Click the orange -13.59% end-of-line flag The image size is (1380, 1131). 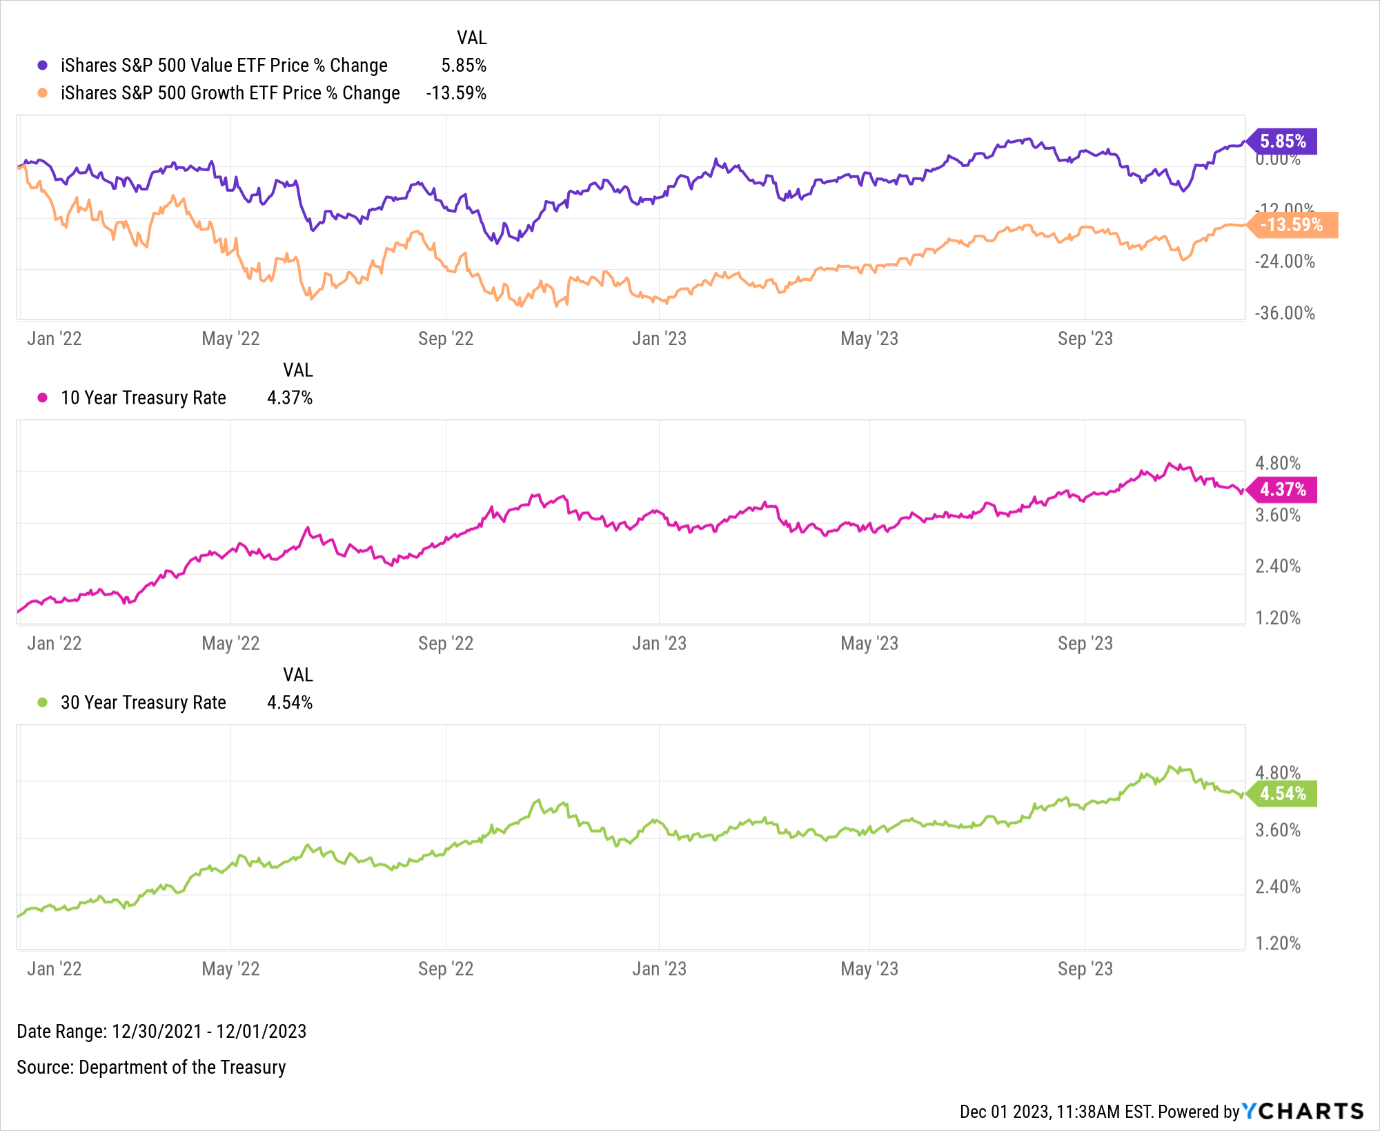pyautogui.click(x=1292, y=225)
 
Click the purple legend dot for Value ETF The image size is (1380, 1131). pyautogui.click(x=43, y=66)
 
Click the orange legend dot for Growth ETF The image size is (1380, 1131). pyautogui.click(x=43, y=93)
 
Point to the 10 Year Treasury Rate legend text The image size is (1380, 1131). pyautogui.click(x=143, y=398)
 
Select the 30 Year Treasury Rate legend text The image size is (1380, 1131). pyautogui.click(x=143, y=702)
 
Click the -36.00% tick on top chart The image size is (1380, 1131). pyautogui.click(x=1284, y=313)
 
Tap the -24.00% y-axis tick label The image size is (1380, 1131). pyautogui.click(x=1284, y=262)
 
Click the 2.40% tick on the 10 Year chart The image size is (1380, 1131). pyautogui.click(x=1277, y=567)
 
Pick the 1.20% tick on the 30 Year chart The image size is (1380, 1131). pyautogui.click(x=1277, y=943)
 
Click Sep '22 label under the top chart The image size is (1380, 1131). pyautogui.click(x=446, y=339)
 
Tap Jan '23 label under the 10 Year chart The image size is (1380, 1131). pyautogui.click(x=659, y=644)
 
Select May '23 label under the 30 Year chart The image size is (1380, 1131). pyautogui.click(x=869, y=969)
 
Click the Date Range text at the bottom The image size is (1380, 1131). pyautogui.click(x=161, y=1032)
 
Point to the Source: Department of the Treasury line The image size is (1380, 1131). pyautogui.click(x=151, y=1068)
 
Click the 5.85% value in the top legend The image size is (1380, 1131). pyautogui.click(x=464, y=66)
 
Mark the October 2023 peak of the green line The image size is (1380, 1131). pyautogui.click(x=1170, y=766)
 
